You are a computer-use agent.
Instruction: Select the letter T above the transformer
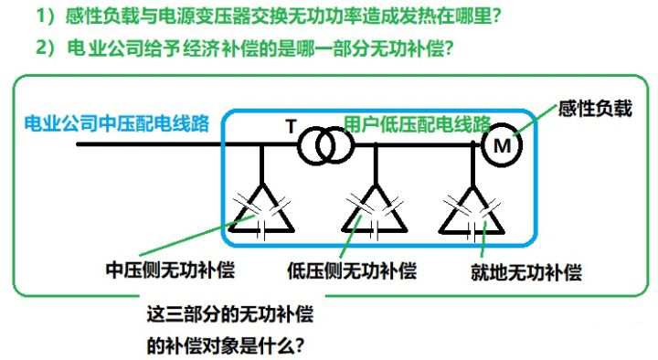click(x=291, y=126)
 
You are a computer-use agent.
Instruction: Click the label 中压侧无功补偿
click(x=168, y=271)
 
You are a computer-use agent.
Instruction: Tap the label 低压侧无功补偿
click(x=351, y=271)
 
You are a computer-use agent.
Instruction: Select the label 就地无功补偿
click(x=525, y=272)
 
